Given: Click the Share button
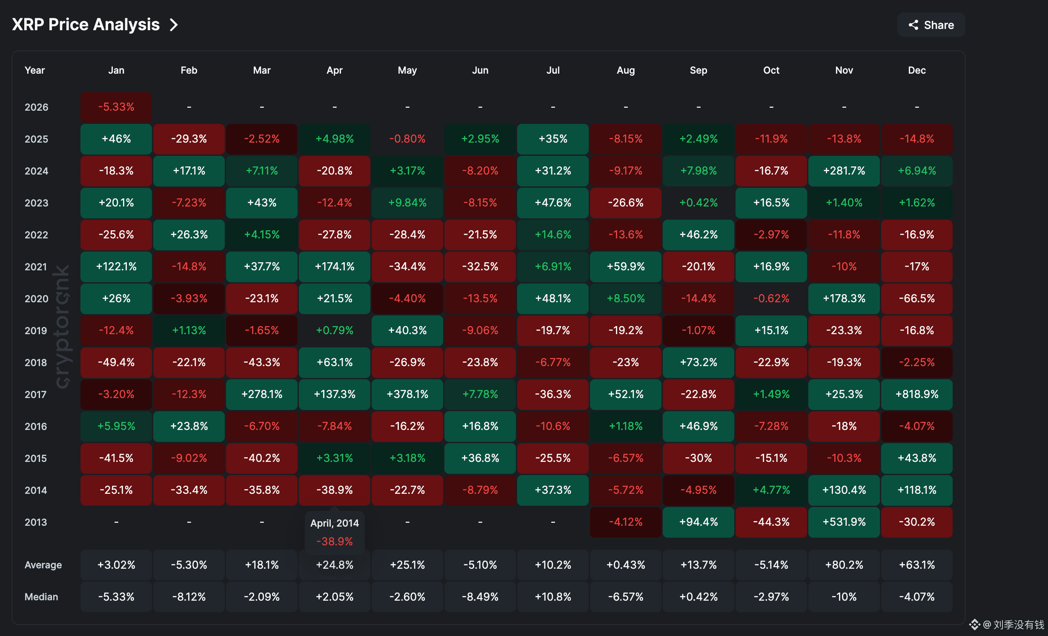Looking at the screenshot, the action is click(x=931, y=25).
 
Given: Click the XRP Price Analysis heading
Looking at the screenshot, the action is click(x=86, y=25).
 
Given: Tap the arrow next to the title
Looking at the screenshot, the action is click(x=173, y=25).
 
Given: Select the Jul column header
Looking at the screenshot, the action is click(x=553, y=70).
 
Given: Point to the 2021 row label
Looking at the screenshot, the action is click(x=36, y=267).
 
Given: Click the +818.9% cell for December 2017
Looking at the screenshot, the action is click(x=917, y=394).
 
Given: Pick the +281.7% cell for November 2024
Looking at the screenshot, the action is click(x=844, y=171).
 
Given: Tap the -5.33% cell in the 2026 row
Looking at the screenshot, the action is click(x=116, y=107).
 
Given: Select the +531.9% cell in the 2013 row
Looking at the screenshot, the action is click(x=844, y=522).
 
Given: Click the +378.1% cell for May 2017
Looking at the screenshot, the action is click(x=407, y=394).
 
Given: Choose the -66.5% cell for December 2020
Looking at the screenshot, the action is click(x=917, y=298).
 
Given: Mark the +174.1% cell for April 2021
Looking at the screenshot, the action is click(x=335, y=266).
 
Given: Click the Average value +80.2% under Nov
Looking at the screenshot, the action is click(x=844, y=565).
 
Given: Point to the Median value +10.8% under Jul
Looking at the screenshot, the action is click(x=553, y=597).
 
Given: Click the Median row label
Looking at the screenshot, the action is click(x=41, y=597).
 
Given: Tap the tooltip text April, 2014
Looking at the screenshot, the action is click(x=335, y=523).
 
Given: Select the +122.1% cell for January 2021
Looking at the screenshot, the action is click(x=116, y=266).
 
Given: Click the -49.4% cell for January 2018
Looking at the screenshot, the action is click(x=116, y=362).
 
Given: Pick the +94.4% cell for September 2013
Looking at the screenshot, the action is click(x=699, y=522).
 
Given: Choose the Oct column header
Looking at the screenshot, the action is click(x=771, y=70).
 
